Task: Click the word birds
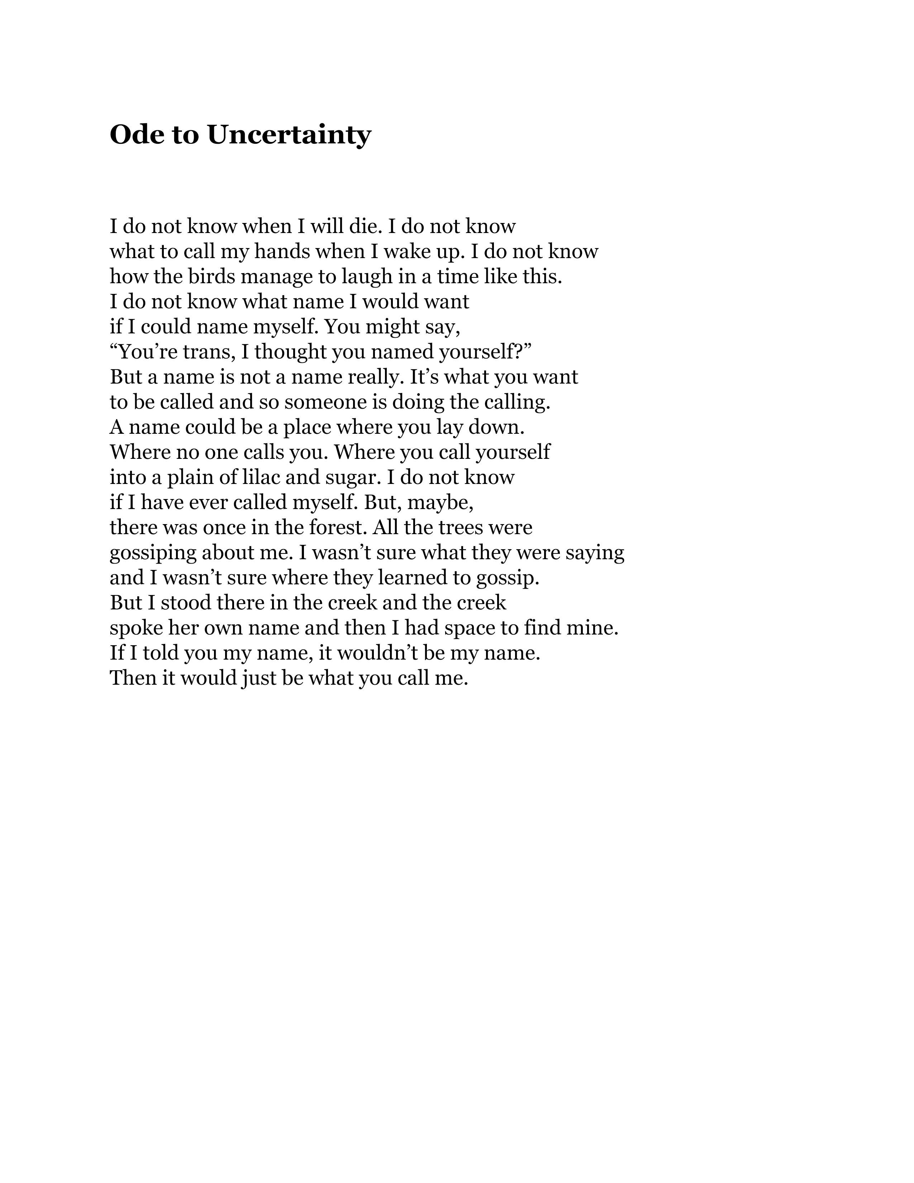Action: click(x=211, y=276)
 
